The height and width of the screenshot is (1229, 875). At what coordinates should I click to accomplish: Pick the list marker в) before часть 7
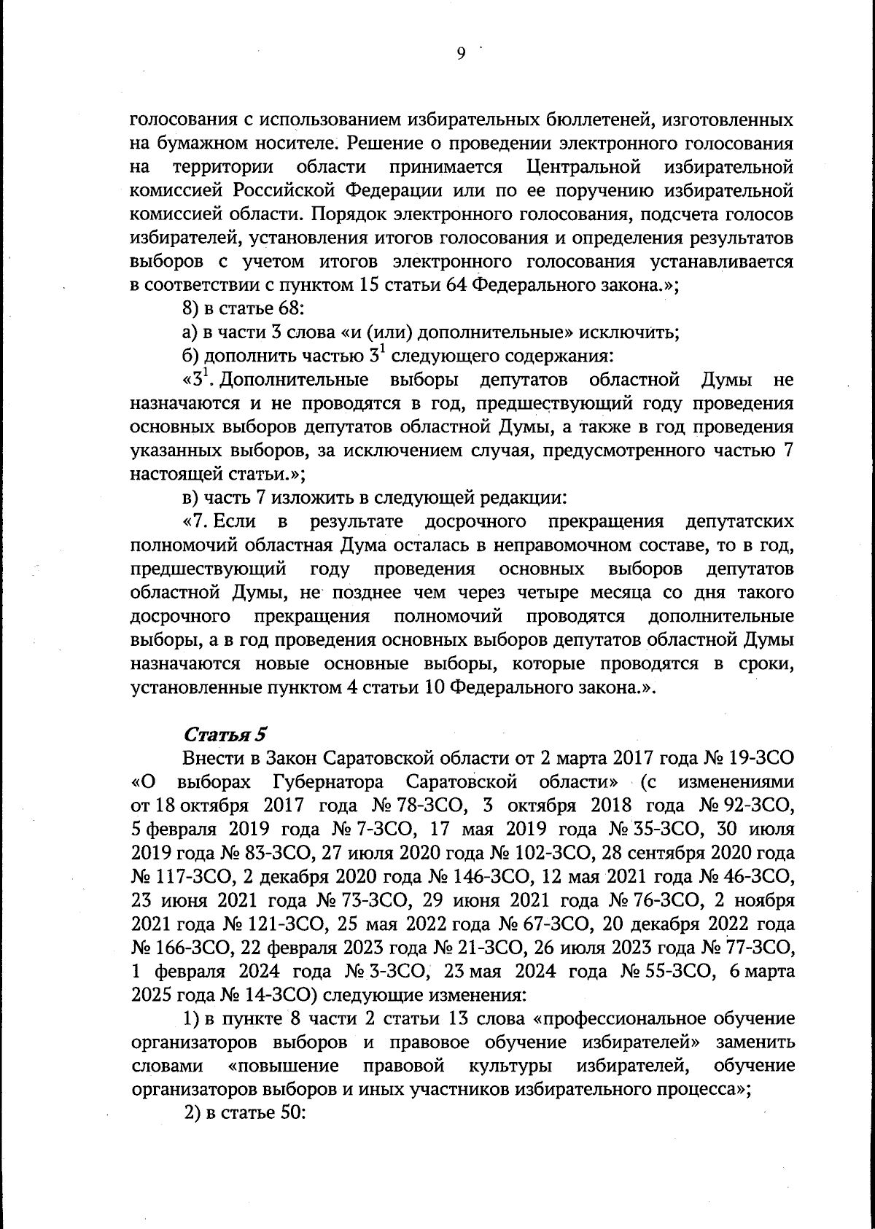click(x=190, y=499)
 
